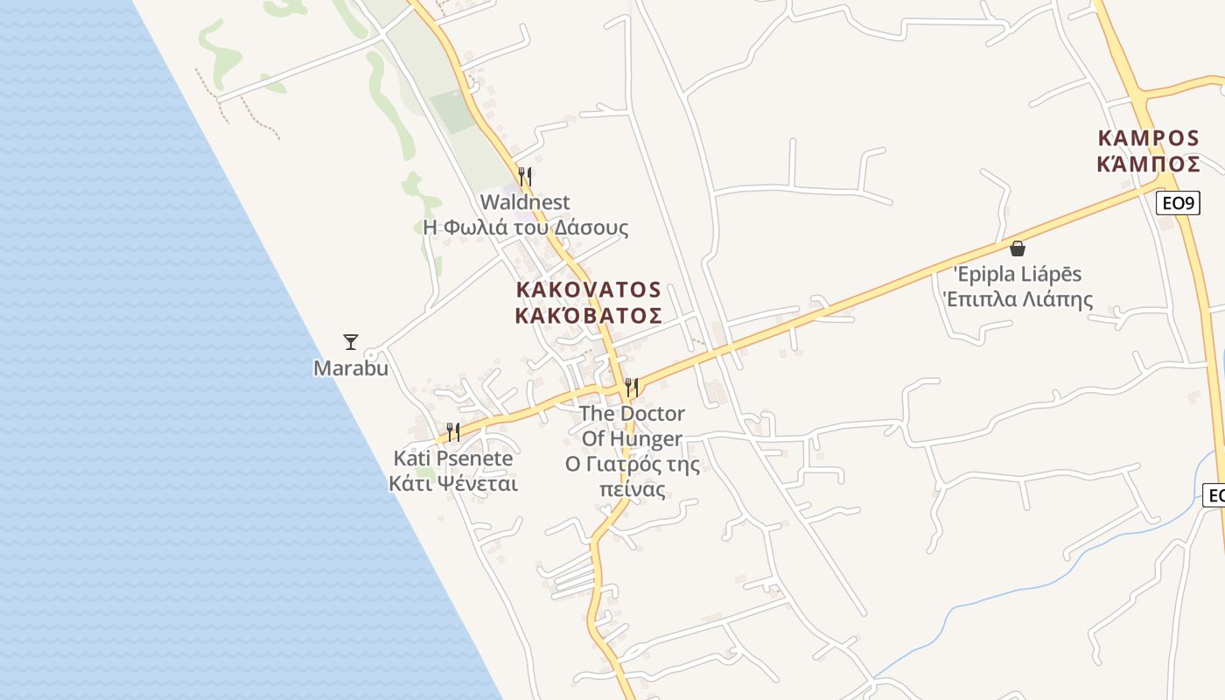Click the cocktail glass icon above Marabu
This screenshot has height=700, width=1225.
tap(351, 341)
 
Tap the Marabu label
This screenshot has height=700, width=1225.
tap(350, 368)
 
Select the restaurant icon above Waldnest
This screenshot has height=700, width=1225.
tap(525, 176)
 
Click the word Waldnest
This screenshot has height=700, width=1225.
tap(525, 202)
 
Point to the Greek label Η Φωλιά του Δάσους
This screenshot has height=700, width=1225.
tap(525, 227)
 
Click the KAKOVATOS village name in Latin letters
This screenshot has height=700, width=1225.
tap(588, 290)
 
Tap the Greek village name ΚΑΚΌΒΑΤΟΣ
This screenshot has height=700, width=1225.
tap(588, 315)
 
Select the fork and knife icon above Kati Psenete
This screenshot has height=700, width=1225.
tap(453, 431)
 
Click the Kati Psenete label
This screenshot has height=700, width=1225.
tap(453, 458)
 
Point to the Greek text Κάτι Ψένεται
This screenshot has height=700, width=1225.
tap(453, 483)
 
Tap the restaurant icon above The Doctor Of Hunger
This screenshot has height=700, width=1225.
tap(631, 387)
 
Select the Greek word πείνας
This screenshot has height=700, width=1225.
tap(633, 489)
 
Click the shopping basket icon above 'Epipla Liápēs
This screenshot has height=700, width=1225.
tap(1017, 248)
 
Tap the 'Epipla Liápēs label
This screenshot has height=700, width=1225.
tap(1017, 274)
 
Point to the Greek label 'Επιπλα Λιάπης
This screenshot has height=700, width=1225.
tap(1017, 299)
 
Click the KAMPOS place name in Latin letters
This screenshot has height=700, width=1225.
tap(1148, 137)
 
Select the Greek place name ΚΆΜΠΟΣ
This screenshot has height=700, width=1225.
tap(1148, 163)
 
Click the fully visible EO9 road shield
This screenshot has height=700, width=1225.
tap(1178, 204)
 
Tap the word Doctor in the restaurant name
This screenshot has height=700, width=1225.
tap(652, 413)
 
